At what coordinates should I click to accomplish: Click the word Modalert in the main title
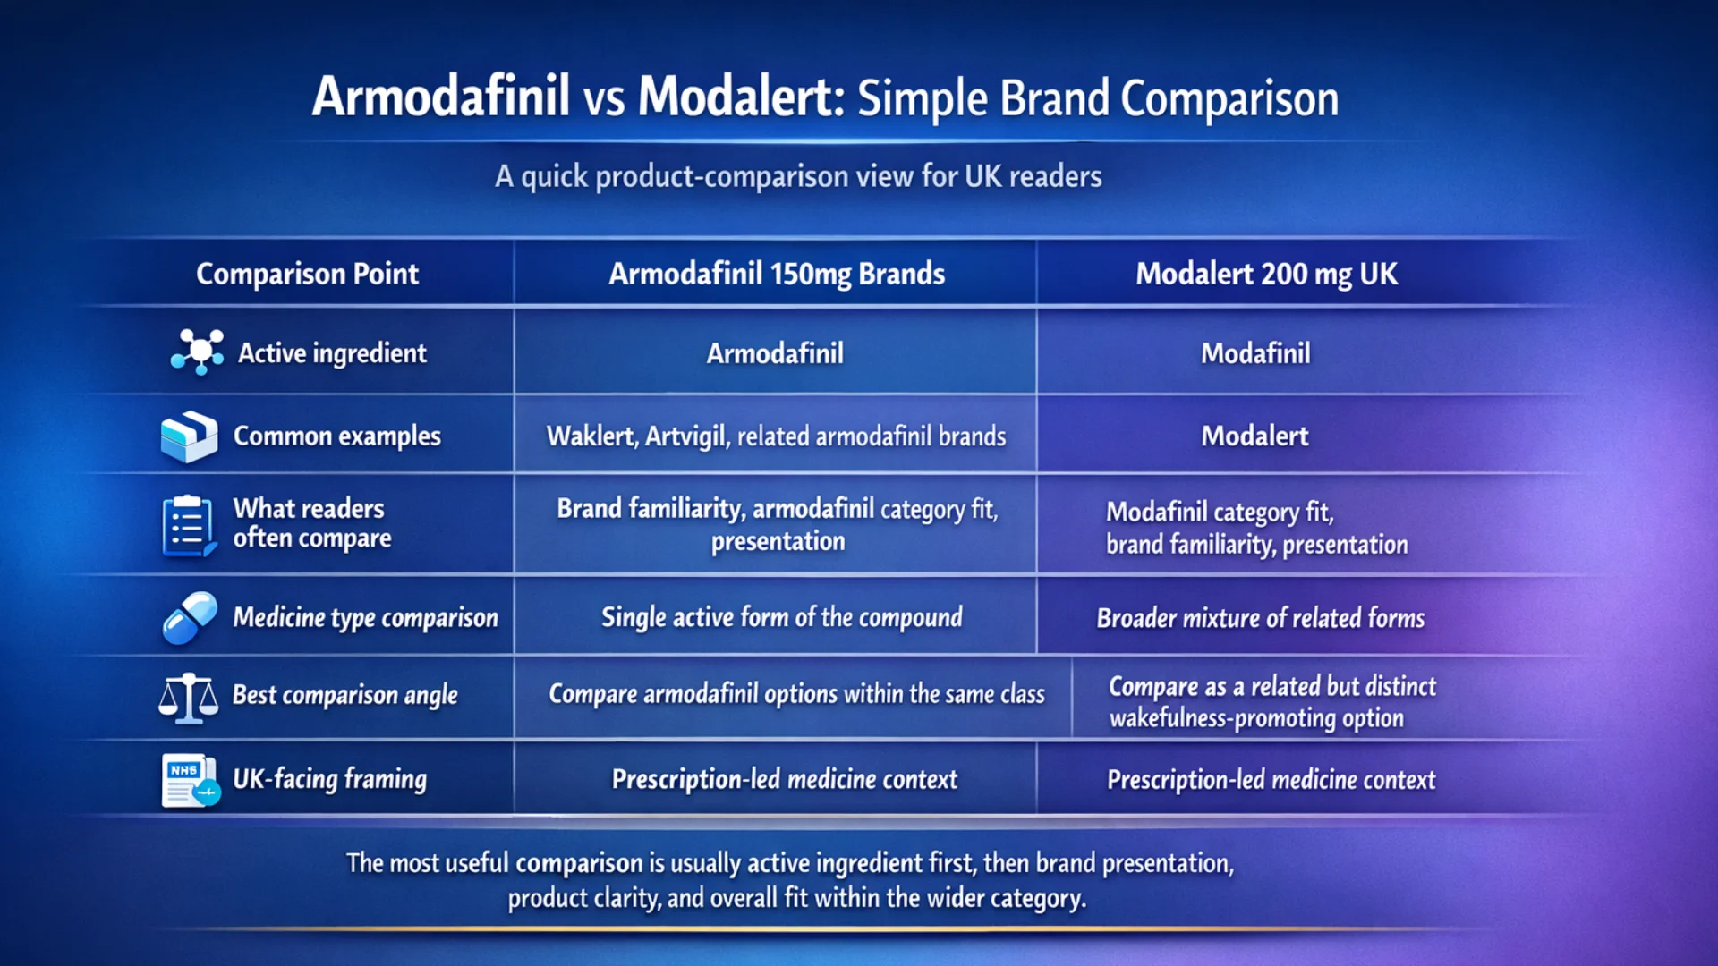pyautogui.click(x=739, y=97)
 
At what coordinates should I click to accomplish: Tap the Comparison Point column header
pyautogui.click(x=307, y=274)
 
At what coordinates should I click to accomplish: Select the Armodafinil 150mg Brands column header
pyautogui.click(x=777, y=274)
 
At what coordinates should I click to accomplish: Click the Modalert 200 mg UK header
pyautogui.click(x=1266, y=274)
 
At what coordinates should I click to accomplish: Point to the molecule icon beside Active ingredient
pyautogui.click(x=198, y=352)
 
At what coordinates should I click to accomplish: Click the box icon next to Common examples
pyautogui.click(x=189, y=436)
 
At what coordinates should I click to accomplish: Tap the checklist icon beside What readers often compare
pyautogui.click(x=188, y=526)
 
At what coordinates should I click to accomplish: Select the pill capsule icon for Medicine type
pyautogui.click(x=190, y=618)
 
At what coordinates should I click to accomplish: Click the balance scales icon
pyautogui.click(x=188, y=698)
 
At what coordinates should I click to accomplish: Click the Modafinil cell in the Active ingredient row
pyautogui.click(x=1255, y=353)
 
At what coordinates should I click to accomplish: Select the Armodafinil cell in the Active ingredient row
pyautogui.click(x=775, y=353)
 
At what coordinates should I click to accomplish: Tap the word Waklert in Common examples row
pyautogui.click(x=591, y=436)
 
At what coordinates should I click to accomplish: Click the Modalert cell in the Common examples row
pyautogui.click(x=1254, y=436)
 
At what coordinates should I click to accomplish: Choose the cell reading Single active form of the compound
pyautogui.click(x=782, y=617)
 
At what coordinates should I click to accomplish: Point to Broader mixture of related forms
pyautogui.click(x=1261, y=618)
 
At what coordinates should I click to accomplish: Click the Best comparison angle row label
pyautogui.click(x=345, y=695)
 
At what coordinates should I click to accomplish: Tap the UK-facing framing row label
pyautogui.click(x=330, y=779)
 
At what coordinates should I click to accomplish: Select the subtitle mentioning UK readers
pyautogui.click(x=798, y=176)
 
